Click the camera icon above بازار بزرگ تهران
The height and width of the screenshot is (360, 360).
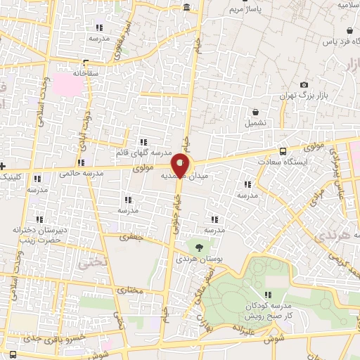tap(304, 84)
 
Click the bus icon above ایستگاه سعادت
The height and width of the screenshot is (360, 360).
tap(283, 151)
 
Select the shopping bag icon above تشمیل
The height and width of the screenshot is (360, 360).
tap(255, 112)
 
